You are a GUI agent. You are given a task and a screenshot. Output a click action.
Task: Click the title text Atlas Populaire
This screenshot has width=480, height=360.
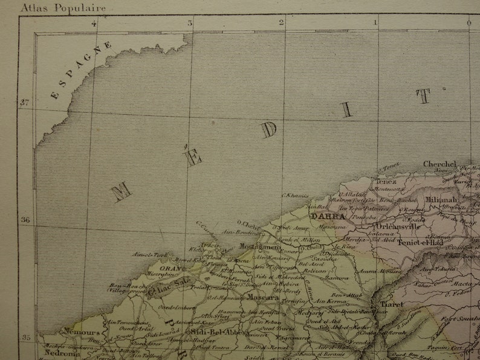pyautogui.click(x=63, y=8)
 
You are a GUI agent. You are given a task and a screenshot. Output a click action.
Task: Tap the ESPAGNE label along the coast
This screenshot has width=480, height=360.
pyautogui.click(x=81, y=69)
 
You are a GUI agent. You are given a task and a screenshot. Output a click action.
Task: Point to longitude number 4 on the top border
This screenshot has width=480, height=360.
pyautogui.click(x=94, y=24)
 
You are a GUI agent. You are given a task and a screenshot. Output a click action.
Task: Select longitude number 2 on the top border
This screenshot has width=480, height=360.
pyautogui.click(x=282, y=24)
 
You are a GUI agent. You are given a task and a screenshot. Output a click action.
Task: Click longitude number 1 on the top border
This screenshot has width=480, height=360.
pyautogui.click(x=375, y=24)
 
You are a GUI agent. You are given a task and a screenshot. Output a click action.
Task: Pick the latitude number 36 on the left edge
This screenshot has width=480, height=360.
pyautogui.click(x=25, y=220)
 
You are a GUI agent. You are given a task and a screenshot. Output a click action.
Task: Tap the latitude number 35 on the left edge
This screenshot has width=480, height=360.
pyautogui.click(x=25, y=337)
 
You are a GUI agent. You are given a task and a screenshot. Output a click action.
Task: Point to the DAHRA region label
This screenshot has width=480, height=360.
pyautogui.click(x=328, y=216)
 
